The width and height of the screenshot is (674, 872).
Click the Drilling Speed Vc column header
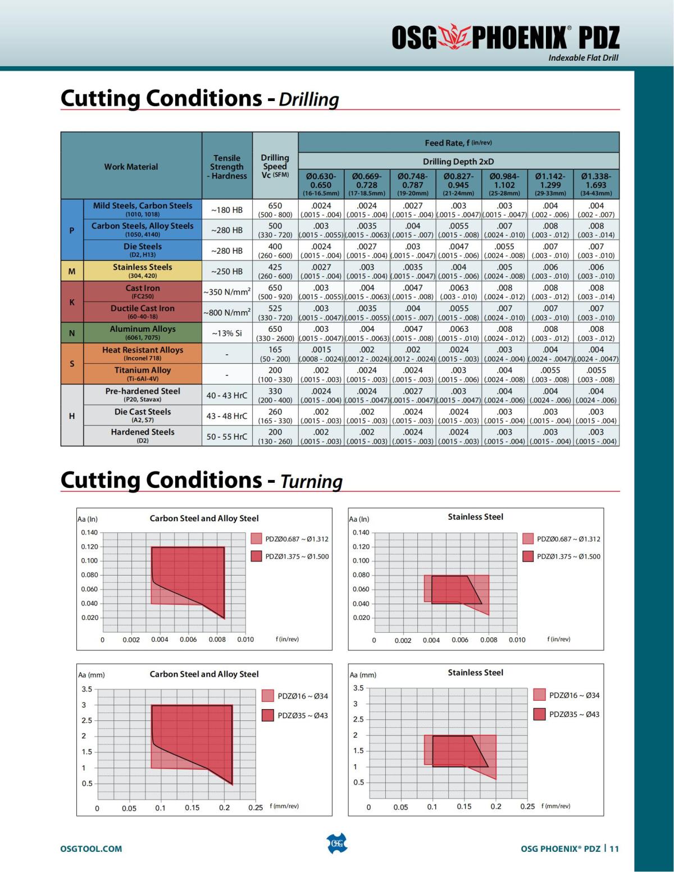(275, 166)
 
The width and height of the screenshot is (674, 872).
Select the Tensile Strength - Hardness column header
(227, 167)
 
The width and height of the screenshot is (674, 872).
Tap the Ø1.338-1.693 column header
(596, 184)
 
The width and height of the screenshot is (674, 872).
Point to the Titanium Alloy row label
(143, 373)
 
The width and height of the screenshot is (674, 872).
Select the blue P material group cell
(72, 230)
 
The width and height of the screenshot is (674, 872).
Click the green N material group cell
(72, 333)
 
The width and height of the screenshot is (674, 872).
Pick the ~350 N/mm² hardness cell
(227, 292)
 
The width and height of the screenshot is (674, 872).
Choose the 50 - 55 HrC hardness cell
(227, 436)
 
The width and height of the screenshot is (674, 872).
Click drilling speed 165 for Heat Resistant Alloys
(275, 350)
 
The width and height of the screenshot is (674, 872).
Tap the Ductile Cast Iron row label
(143, 312)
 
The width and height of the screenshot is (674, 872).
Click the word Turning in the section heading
(311, 482)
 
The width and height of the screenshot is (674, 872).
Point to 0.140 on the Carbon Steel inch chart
(89, 532)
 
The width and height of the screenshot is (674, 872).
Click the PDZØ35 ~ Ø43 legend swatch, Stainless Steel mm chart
(539, 714)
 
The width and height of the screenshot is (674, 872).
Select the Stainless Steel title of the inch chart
(475, 517)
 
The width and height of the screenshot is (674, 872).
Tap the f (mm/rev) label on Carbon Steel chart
(284, 806)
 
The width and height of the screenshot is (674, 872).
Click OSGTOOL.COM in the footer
(91, 848)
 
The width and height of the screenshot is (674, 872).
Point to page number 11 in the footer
(614, 848)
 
